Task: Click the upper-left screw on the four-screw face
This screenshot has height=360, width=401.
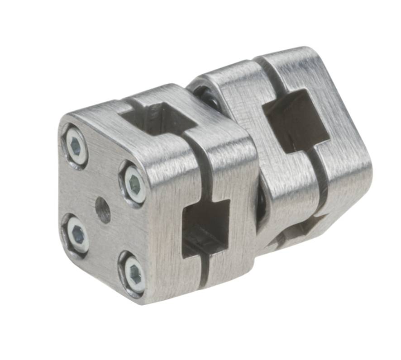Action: point(76,146)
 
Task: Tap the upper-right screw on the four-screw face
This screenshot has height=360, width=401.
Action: point(135,184)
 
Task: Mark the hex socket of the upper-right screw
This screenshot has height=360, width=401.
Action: point(134,184)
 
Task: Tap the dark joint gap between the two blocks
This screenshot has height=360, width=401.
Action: point(261,204)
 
